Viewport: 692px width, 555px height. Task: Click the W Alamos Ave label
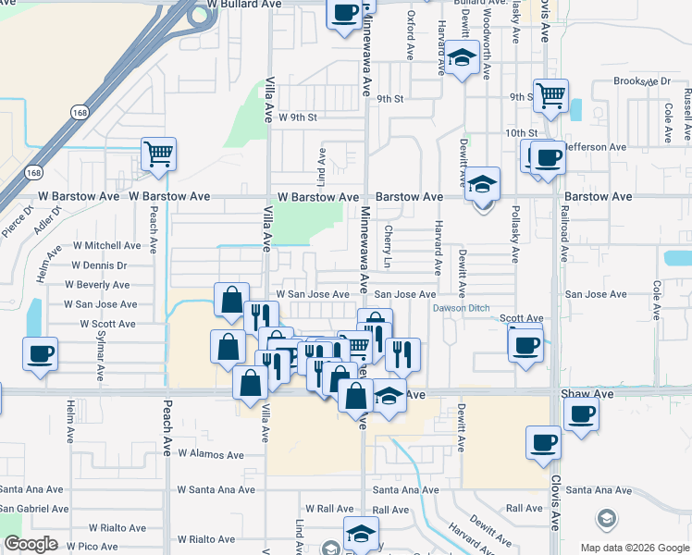tap(210, 454)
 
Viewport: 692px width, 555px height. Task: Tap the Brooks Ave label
tap(641, 81)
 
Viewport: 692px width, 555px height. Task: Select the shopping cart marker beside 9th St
tap(550, 94)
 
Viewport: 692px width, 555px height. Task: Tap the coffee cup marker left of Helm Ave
tap(41, 353)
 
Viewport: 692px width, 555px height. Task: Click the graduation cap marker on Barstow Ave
tap(482, 185)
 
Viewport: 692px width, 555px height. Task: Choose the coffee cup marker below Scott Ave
tap(525, 344)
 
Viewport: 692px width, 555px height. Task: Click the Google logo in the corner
tap(31, 545)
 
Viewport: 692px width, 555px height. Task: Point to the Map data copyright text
tap(636, 548)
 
